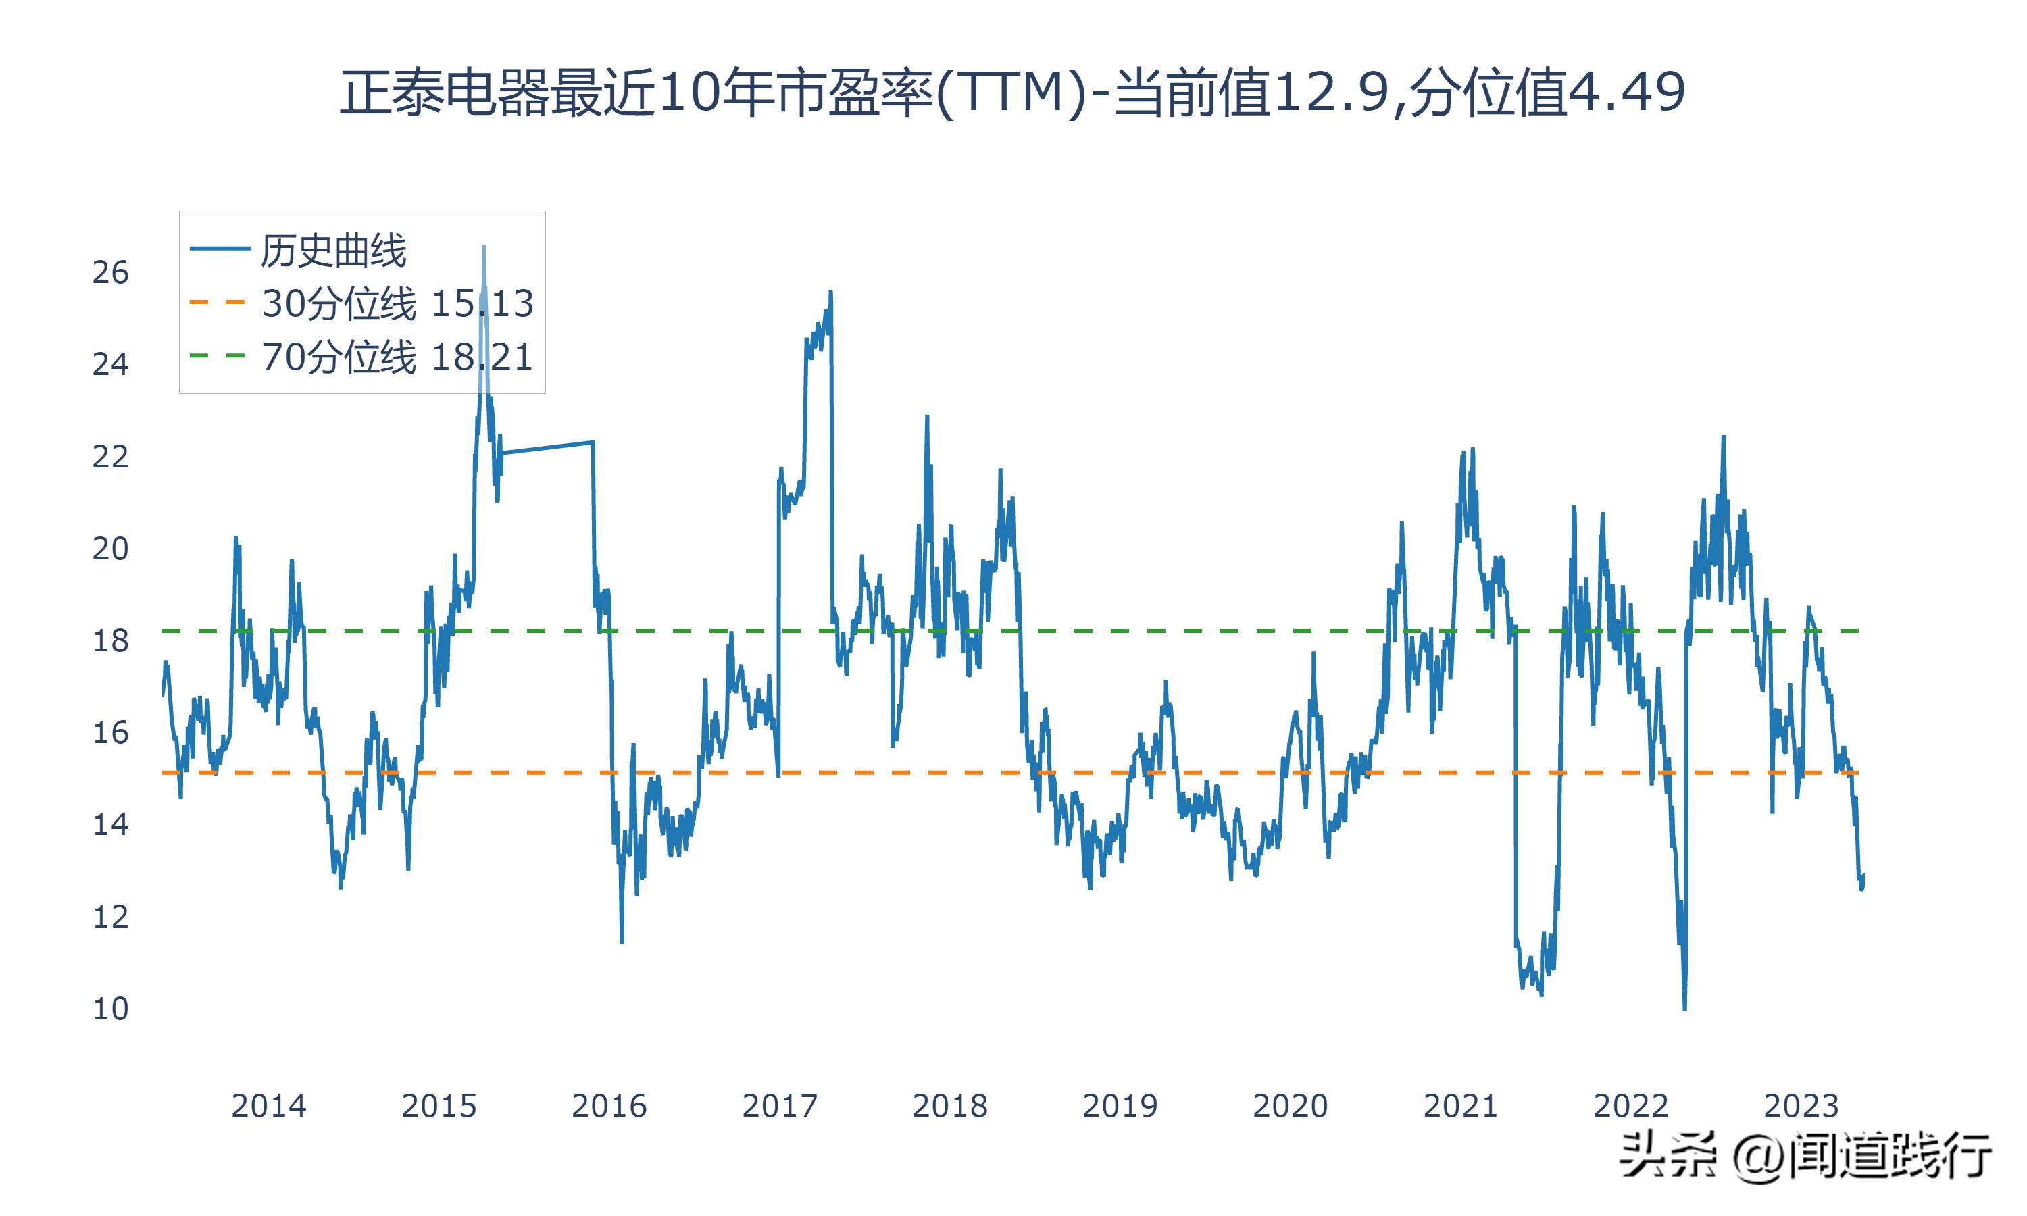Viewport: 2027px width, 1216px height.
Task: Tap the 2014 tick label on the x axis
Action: (x=268, y=1106)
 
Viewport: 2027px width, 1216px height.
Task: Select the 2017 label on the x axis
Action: (x=779, y=1106)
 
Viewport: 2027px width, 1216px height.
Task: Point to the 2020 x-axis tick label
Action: (x=1290, y=1106)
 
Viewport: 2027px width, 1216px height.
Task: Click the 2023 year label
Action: (x=1801, y=1106)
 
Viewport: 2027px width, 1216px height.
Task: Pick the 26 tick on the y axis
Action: (x=111, y=272)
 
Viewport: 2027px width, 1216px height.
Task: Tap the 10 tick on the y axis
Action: (x=111, y=1009)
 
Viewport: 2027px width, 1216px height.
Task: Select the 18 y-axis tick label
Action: (x=111, y=641)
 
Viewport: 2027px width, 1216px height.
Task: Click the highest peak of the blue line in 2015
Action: (x=484, y=247)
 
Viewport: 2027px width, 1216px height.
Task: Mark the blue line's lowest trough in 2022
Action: (x=1684, y=1009)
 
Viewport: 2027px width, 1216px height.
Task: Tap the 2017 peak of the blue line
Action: (x=831, y=292)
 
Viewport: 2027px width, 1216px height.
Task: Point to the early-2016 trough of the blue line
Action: (x=622, y=942)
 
